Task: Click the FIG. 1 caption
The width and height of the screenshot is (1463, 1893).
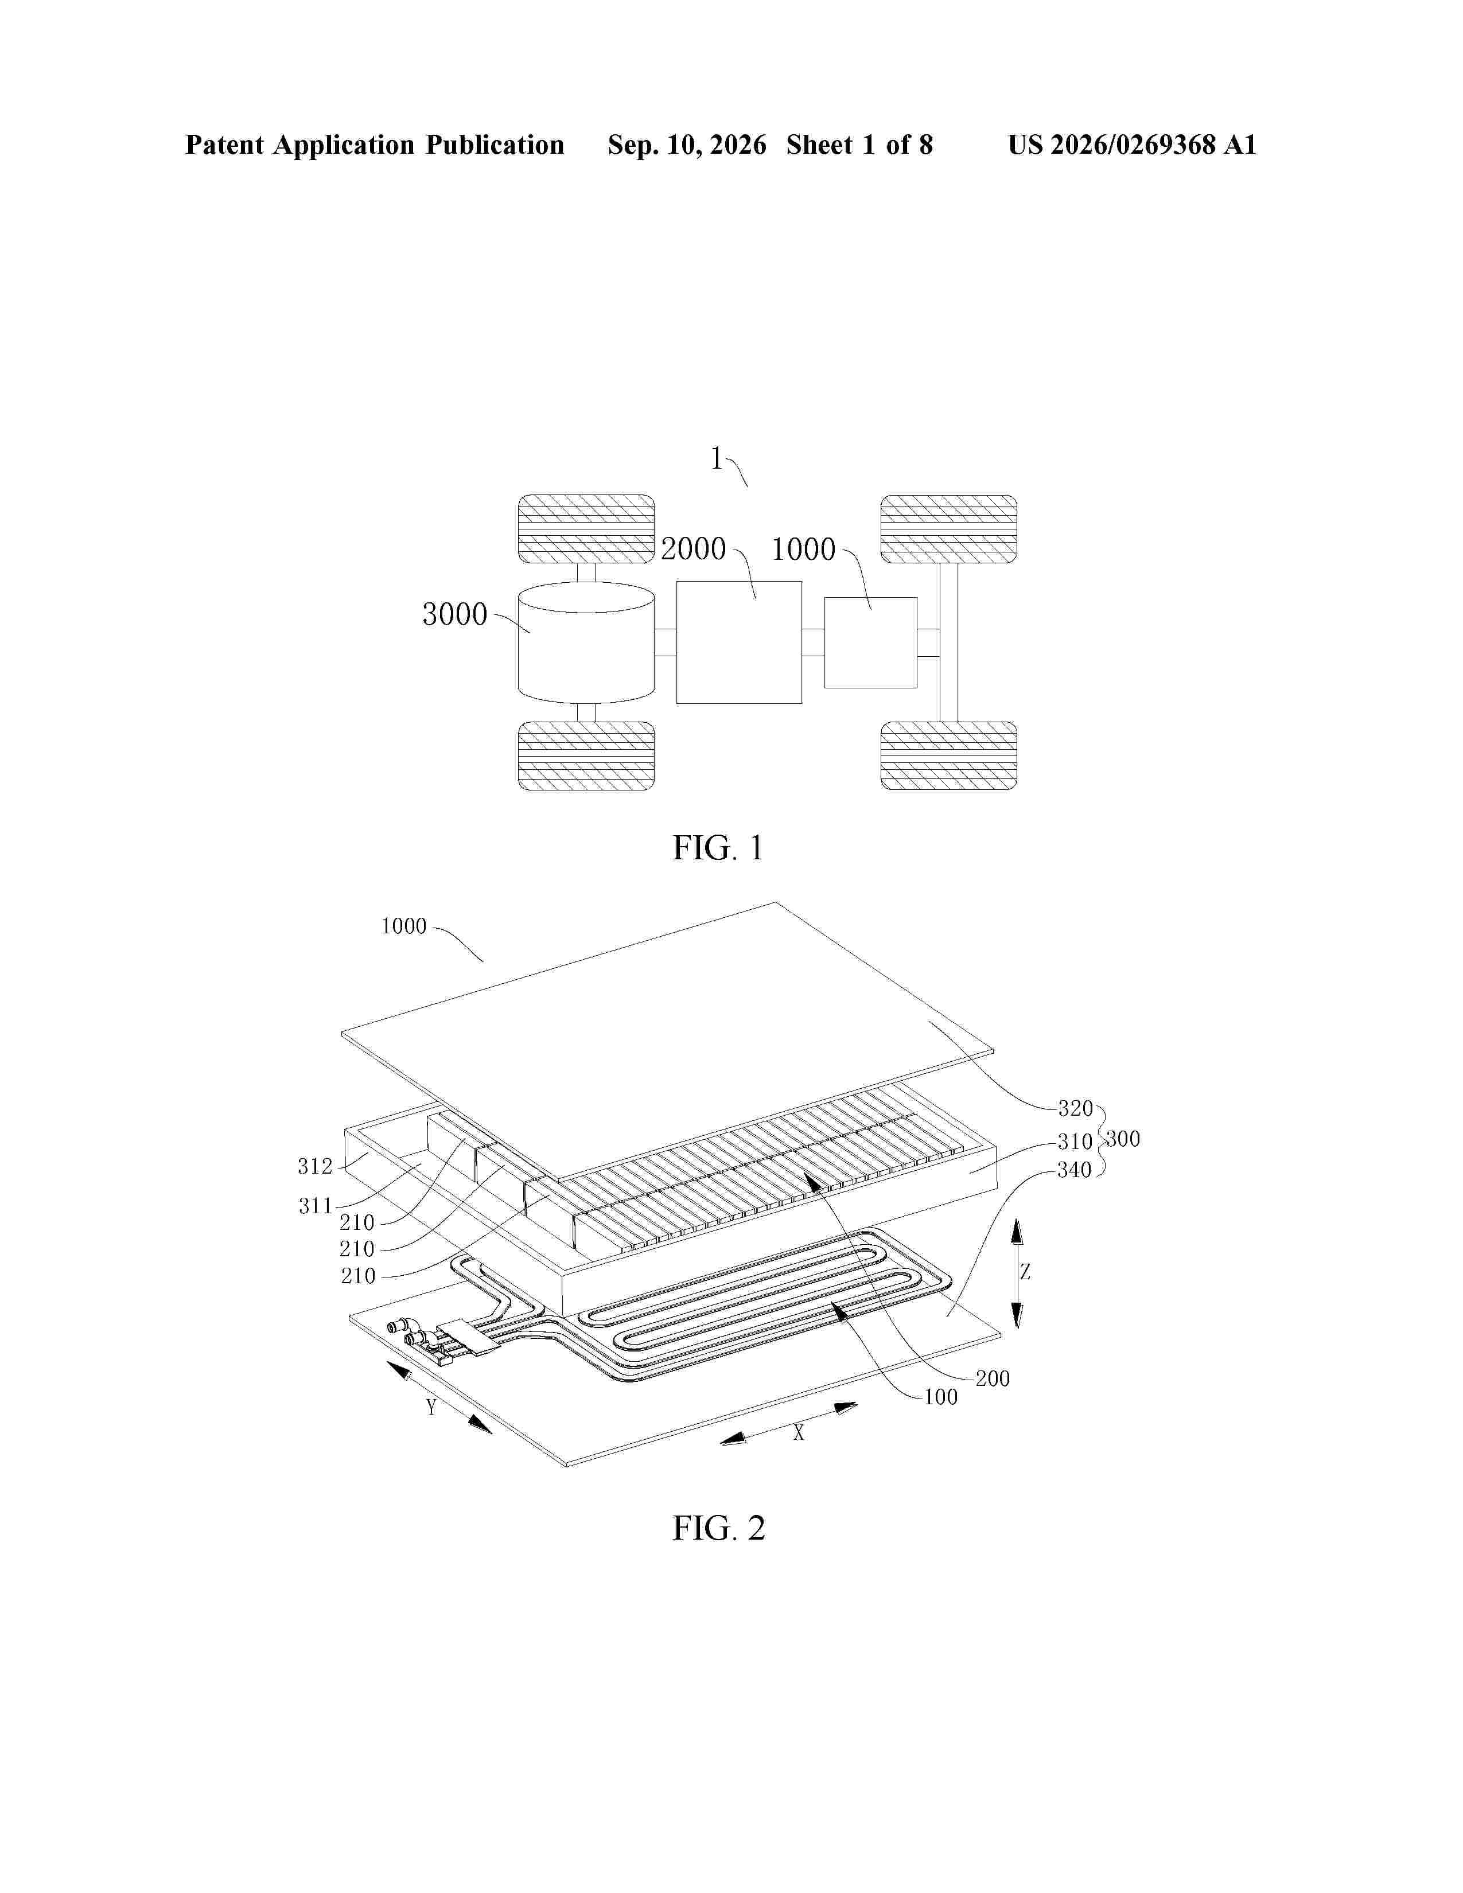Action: (x=718, y=848)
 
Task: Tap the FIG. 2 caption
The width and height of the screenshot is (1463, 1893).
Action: (x=718, y=1528)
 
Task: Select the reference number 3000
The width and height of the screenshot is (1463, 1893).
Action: (x=455, y=614)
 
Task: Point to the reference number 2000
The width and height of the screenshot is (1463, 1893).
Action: (x=694, y=548)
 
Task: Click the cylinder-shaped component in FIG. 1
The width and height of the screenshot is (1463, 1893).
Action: (x=586, y=642)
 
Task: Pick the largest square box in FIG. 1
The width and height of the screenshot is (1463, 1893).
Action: (x=738, y=642)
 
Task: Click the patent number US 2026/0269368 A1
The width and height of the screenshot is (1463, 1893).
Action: (x=1132, y=145)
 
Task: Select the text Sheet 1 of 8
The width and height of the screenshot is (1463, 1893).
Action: (x=860, y=145)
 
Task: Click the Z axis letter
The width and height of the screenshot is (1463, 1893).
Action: (x=1025, y=1272)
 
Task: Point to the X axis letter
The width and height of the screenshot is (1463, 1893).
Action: (x=799, y=1433)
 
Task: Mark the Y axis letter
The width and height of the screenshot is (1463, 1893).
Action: (x=431, y=1407)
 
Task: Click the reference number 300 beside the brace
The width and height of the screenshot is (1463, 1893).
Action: (x=1123, y=1139)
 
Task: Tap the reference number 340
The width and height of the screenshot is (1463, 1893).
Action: (x=1075, y=1170)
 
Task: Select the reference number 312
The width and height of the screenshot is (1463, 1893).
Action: (x=316, y=1167)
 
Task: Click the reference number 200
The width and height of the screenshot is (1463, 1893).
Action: (x=993, y=1378)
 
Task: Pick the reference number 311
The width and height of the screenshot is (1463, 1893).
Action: (x=316, y=1206)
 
